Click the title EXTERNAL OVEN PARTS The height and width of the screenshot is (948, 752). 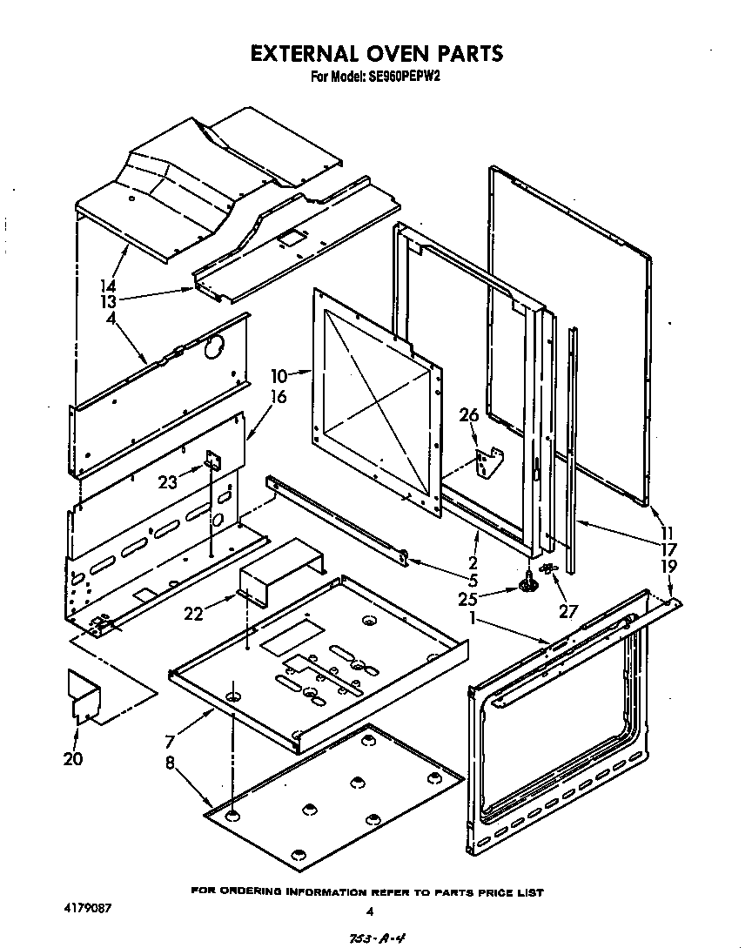point(376,53)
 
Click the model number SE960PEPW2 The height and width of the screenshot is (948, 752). point(408,77)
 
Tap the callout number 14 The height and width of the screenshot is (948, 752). point(109,285)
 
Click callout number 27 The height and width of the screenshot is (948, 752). point(568,611)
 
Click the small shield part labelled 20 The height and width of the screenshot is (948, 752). point(84,696)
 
